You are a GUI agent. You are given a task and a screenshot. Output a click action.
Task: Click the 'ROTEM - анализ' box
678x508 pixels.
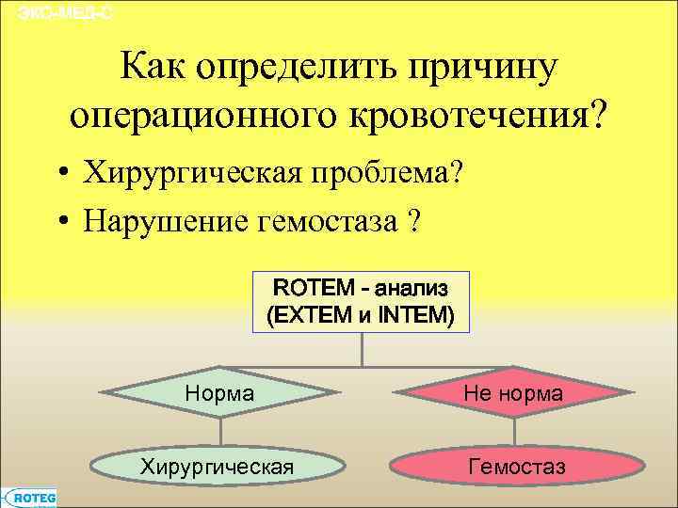[362, 302]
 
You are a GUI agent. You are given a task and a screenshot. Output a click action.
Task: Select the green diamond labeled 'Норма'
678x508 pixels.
[221, 393]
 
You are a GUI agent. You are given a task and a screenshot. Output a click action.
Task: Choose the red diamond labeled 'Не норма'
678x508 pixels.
[513, 393]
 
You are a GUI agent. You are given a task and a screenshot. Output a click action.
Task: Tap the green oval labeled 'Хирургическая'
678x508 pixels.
[218, 467]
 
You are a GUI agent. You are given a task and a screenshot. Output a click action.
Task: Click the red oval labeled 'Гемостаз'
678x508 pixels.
[516, 467]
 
